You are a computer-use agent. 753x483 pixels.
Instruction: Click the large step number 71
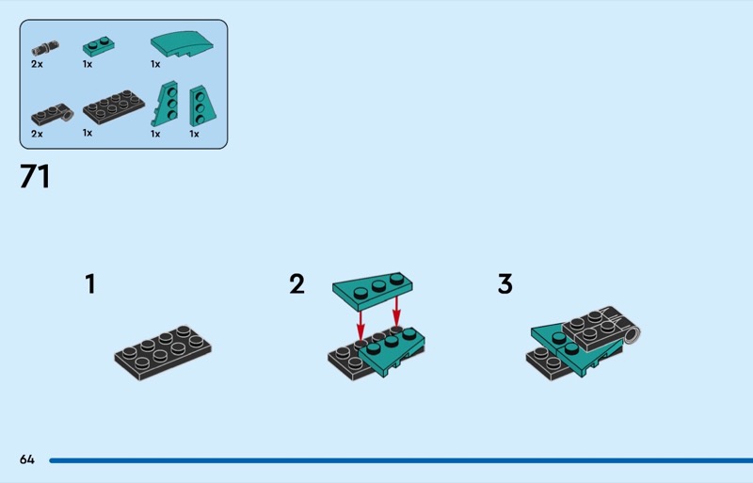point(35,176)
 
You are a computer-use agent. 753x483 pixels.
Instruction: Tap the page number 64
point(27,459)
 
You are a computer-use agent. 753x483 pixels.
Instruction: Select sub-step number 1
point(90,283)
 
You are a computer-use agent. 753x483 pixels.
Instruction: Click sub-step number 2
point(296,283)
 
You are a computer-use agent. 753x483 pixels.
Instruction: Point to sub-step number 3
point(505,283)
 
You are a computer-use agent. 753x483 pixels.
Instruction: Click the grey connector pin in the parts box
point(45,48)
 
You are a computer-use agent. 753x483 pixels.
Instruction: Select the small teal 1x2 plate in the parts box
point(99,46)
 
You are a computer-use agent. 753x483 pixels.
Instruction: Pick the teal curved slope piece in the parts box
point(182,44)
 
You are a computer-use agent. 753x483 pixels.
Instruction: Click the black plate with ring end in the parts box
point(53,116)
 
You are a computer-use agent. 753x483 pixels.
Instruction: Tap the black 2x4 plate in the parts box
point(113,106)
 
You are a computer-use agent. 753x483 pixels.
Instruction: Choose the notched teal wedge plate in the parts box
point(165,104)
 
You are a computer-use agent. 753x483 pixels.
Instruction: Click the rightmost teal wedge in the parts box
point(202,105)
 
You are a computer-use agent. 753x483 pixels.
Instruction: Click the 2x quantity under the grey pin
point(37,64)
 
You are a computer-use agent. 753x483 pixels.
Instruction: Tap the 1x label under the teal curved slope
point(155,64)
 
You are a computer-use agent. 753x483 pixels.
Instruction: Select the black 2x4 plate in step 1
point(163,353)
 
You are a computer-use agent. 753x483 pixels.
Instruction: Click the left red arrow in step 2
point(360,327)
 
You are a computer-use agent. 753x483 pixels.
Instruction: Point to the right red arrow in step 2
point(396,312)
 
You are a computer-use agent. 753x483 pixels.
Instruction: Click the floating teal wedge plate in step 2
point(372,292)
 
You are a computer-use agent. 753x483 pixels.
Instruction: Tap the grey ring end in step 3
point(632,334)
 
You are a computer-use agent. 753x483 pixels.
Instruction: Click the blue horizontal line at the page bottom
point(401,460)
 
